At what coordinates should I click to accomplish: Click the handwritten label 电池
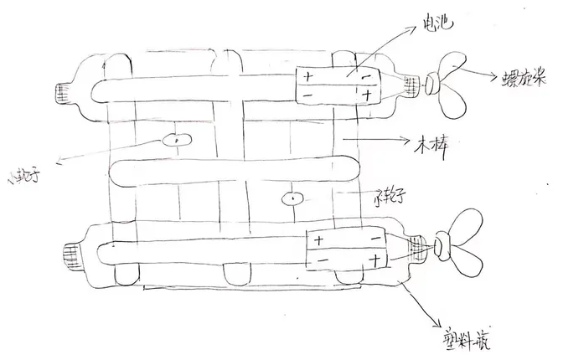click(x=438, y=25)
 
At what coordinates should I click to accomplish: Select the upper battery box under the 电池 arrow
click(x=338, y=86)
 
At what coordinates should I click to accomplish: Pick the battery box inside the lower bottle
click(x=346, y=249)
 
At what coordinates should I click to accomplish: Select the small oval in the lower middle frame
click(x=292, y=199)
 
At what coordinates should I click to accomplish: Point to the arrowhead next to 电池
click(x=416, y=27)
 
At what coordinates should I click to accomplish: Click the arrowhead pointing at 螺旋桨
click(x=496, y=80)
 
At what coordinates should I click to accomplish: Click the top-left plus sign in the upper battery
click(x=307, y=77)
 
